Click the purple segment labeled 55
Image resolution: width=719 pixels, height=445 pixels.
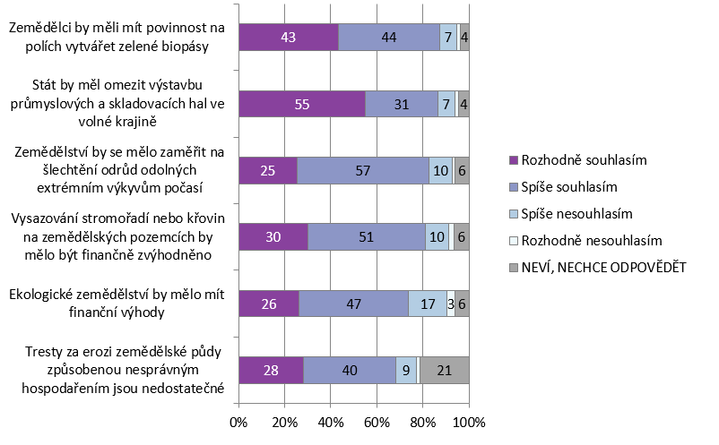[301, 104]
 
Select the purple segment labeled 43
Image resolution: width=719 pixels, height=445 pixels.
[289, 38]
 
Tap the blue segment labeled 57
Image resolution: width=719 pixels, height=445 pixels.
[362, 170]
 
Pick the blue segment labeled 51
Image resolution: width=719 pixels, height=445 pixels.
[366, 236]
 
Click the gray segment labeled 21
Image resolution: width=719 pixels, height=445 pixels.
[444, 370]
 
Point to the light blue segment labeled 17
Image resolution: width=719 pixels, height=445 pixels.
[428, 304]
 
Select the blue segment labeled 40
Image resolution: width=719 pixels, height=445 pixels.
[350, 370]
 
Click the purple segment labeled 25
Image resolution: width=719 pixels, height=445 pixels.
[268, 170]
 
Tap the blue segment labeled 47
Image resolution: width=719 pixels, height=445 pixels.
[353, 304]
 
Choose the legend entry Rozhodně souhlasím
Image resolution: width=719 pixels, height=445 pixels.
[585, 159]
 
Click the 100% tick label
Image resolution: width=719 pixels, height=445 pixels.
[469, 421]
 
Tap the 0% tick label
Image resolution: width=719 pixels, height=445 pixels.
[239, 421]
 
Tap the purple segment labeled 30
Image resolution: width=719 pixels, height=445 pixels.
[273, 236]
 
